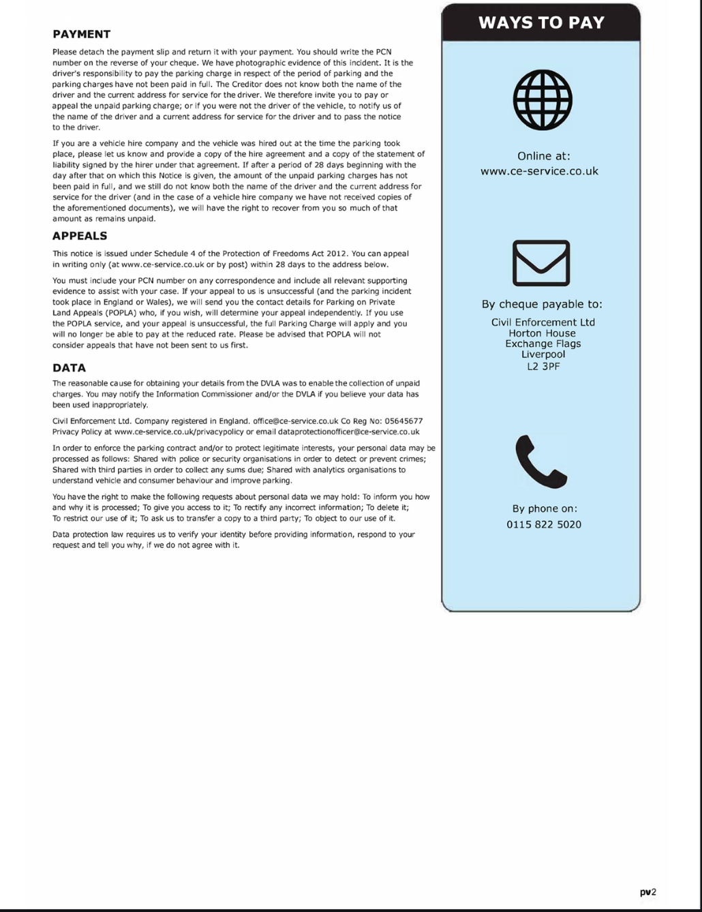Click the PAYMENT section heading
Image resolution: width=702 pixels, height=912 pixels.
coord(81,34)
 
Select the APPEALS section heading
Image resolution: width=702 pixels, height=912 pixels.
coord(80,236)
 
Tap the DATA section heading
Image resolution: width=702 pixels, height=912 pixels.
coord(69,368)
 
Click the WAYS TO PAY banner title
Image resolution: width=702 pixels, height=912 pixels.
coord(541,22)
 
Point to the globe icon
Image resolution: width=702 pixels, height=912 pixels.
coord(542,101)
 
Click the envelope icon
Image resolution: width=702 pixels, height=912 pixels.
coord(541,263)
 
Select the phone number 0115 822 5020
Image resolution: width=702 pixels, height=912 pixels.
coord(544,525)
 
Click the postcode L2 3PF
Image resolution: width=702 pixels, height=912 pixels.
coord(543,366)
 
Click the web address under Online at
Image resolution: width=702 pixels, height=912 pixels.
coord(539,171)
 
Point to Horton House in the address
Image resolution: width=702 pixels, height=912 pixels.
coord(542,333)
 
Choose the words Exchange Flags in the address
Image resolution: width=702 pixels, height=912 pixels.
coord(543,344)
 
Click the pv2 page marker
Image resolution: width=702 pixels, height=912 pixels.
coord(647,892)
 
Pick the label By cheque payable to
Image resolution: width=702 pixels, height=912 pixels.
coord(542,305)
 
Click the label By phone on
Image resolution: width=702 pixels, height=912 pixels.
coord(545,508)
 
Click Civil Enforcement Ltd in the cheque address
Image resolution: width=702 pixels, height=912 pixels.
coord(543,322)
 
